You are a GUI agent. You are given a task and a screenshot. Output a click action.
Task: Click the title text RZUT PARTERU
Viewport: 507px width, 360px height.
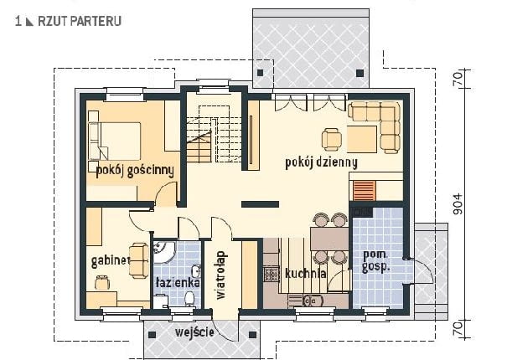click(80, 21)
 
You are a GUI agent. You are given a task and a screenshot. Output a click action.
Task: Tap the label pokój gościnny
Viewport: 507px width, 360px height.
click(135, 171)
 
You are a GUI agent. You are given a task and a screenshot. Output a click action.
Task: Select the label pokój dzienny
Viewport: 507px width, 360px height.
click(322, 162)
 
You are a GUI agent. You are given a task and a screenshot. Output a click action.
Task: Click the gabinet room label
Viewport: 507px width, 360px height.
click(111, 260)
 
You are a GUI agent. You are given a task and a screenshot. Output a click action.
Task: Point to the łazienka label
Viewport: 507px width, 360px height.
click(178, 283)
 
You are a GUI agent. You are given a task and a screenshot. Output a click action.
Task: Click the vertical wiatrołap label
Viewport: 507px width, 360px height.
click(221, 275)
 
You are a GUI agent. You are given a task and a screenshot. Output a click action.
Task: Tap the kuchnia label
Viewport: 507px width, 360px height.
click(305, 274)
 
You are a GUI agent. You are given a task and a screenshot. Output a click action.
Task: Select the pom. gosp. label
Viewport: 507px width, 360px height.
click(375, 260)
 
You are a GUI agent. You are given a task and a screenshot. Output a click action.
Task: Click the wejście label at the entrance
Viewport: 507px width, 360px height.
click(194, 332)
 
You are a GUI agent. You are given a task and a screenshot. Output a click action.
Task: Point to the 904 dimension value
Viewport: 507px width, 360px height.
click(458, 204)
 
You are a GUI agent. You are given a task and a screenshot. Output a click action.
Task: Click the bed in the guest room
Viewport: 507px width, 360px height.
click(115, 141)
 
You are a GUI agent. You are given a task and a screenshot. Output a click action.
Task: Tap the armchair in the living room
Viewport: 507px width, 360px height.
click(331, 139)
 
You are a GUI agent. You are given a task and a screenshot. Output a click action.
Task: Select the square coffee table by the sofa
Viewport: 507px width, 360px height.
click(362, 139)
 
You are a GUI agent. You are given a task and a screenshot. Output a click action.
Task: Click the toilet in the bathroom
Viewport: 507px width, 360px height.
click(189, 298)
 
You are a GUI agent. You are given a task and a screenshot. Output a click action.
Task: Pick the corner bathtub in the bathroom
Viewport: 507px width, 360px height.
click(164, 253)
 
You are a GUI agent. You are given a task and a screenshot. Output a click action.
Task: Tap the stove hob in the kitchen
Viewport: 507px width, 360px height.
click(271, 274)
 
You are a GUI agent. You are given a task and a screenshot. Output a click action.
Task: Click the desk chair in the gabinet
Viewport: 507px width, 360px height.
click(102, 282)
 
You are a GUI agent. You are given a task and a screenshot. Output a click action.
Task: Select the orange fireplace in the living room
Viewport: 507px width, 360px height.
click(364, 190)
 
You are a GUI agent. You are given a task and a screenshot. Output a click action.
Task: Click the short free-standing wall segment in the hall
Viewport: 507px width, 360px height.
click(261, 204)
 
